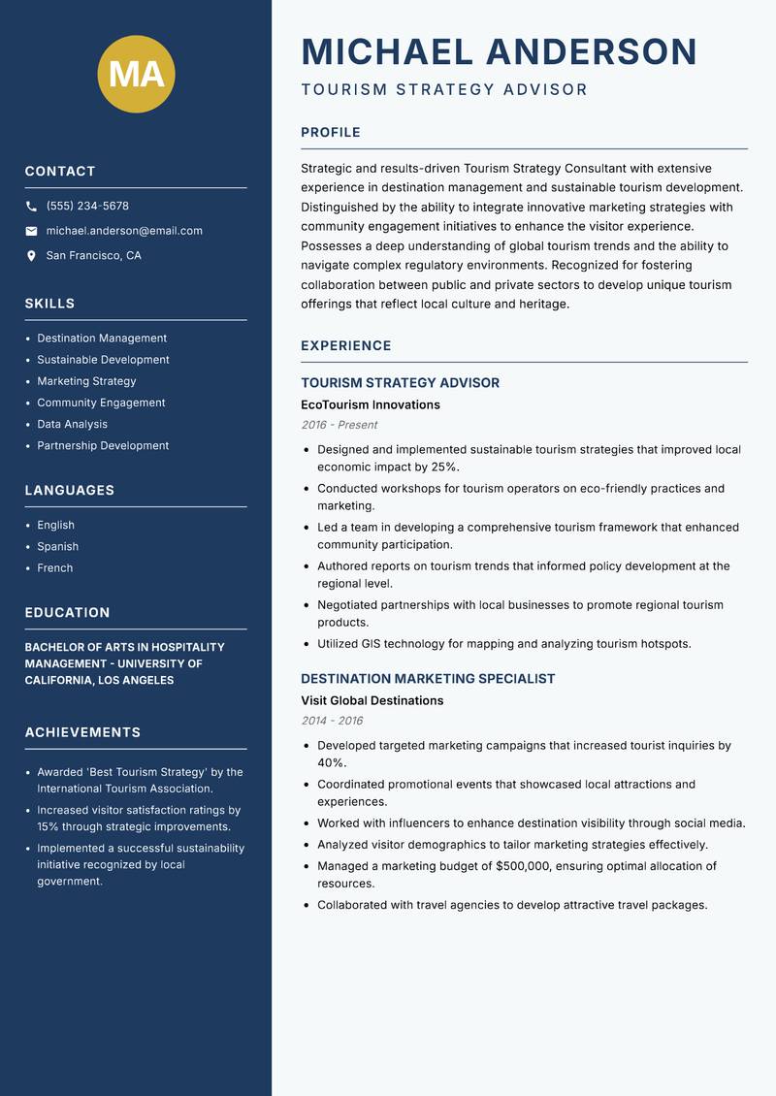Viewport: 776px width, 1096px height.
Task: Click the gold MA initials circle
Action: tap(137, 74)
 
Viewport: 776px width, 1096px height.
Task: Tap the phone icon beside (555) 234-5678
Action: tap(32, 207)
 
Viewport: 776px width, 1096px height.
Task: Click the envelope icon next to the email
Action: tap(32, 231)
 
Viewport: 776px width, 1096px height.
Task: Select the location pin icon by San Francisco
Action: tap(32, 256)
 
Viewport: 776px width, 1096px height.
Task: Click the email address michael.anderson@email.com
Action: tap(124, 231)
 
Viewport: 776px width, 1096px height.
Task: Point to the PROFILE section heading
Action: tap(331, 133)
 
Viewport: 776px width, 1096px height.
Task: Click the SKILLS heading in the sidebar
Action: tap(49, 304)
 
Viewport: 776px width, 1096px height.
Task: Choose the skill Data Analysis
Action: tap(73, 424)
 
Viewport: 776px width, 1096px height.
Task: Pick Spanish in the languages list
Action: tap(58, 546)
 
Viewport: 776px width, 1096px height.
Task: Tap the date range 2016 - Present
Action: tap(339, 425)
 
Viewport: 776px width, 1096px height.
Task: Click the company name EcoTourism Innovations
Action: tap(371, 404)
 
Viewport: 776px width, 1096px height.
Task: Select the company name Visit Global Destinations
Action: tap(372, 700)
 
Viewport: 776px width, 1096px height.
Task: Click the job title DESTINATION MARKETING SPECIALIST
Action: tap(428, 679)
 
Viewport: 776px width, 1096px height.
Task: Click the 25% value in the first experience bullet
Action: tap(446, 467)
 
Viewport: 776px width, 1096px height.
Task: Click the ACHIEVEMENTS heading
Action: tap(82, 732)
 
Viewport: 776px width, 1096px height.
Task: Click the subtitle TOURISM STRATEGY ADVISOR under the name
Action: tap(444, 90)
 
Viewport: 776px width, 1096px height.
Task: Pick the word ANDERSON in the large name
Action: tap(591, 51)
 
